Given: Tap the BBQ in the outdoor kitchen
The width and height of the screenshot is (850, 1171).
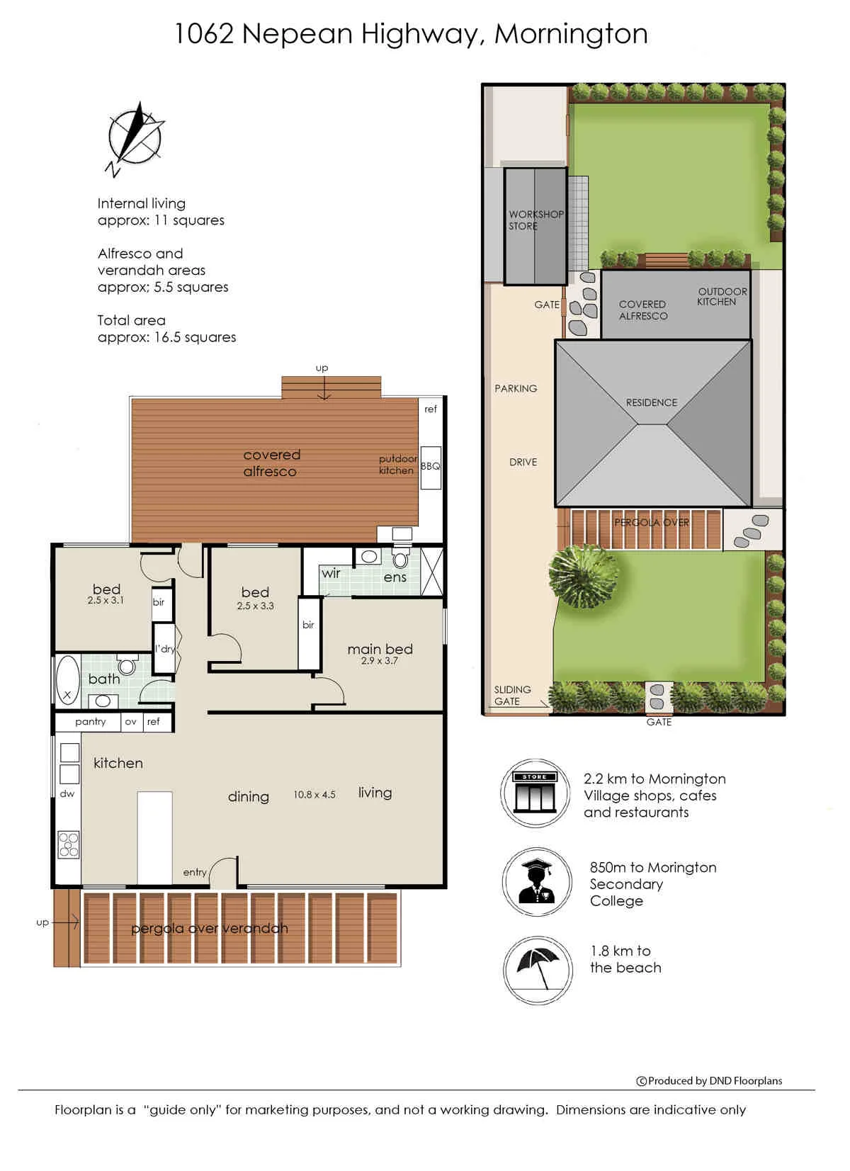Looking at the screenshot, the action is click(x=430, y=467).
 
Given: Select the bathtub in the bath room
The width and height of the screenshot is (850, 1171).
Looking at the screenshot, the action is click(x=67, y=680).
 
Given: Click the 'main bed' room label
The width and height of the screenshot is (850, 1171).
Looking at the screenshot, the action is click(x=380, y=649).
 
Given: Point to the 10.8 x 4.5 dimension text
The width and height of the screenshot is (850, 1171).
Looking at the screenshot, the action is click(x=314, y=795).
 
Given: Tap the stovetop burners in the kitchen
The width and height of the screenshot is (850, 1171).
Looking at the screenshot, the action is click(x=69, y=844).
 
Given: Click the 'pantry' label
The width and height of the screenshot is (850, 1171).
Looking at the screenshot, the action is click(x=91, y=722).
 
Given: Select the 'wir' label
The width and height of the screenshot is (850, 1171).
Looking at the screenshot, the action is click(x=331, y=574).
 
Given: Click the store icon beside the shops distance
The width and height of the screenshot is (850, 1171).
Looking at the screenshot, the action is click(x=535, y=793).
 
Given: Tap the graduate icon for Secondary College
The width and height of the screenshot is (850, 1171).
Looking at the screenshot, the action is click(x=537, y=882).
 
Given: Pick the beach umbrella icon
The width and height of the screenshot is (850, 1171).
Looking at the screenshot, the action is click(x=538, y=971).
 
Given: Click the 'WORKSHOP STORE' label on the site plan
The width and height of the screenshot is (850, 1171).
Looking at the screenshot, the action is click(x=535, y=220).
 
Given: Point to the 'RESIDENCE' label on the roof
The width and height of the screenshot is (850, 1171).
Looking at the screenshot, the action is click(x=652, y=402).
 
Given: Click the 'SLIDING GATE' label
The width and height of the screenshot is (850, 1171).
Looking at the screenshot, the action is click(x=512, y=695).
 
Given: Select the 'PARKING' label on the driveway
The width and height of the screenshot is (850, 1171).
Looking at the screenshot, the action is click(x=516, y=388).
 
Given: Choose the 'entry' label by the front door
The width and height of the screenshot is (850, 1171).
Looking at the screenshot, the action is click(x=195, y=872).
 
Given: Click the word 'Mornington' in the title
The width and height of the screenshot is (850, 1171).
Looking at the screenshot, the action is click(x=571, y=34).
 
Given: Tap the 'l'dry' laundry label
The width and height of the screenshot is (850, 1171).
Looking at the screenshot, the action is click(x=164, y=649).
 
